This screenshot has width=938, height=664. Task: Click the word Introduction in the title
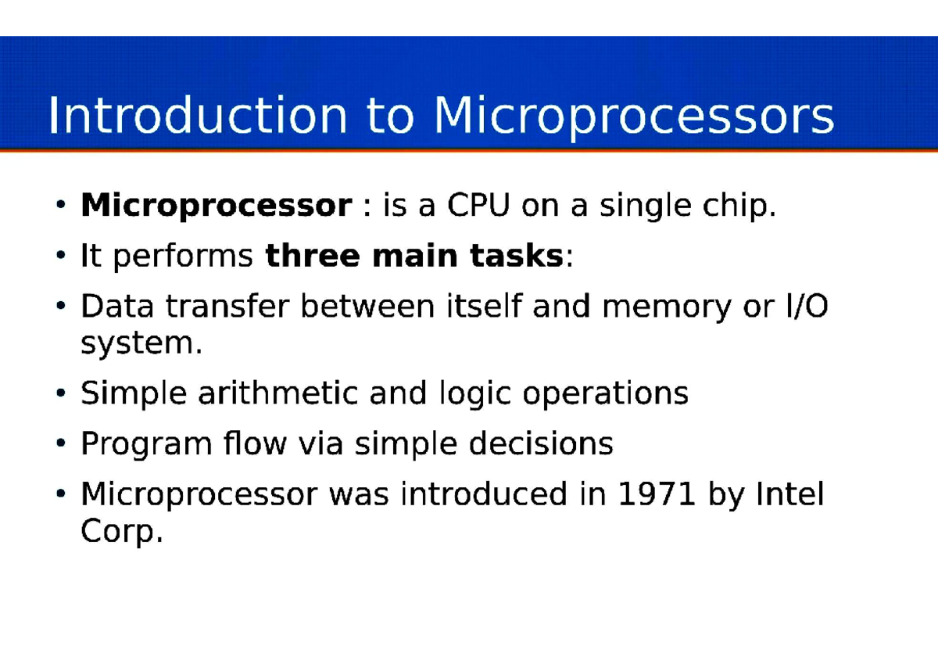tap(196, 116)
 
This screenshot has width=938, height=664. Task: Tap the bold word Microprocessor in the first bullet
tap(216, 206)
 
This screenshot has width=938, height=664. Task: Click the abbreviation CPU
tap(478, 206)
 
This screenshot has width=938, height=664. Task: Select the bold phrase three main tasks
tap(414, 256)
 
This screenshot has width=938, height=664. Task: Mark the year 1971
tap(657, 494)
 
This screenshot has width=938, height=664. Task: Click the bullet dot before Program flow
tap(60, 444)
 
